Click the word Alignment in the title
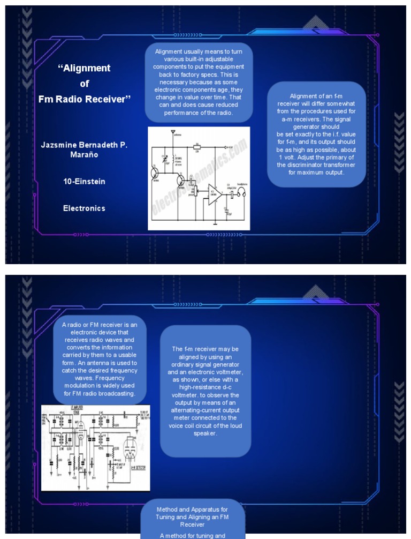86,68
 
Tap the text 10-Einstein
84,182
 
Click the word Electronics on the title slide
84,208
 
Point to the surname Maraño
84,155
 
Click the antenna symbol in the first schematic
172,132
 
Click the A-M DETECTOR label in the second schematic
136,467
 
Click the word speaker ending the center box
205,433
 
